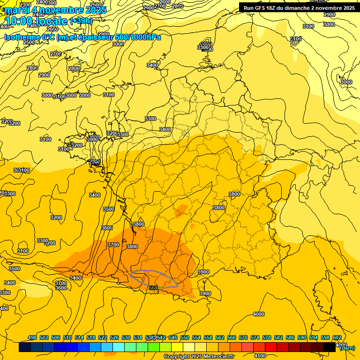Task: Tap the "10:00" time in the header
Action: tap(19, 21)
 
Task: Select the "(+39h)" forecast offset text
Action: tap(81, 21)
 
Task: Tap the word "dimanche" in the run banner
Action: tap(303, 7)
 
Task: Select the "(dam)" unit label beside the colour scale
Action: tap(347, 348)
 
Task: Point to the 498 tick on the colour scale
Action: tap(32, 337)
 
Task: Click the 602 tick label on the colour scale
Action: tap(337, 337)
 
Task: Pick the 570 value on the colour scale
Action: tap(243, 337)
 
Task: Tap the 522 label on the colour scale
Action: tap(103, 337)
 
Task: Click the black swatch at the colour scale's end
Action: tap(330, 347)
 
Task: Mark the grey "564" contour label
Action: tap(153, 287)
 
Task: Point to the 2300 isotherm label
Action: tap(26, 5)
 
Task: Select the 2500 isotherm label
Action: tap(29, 42)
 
